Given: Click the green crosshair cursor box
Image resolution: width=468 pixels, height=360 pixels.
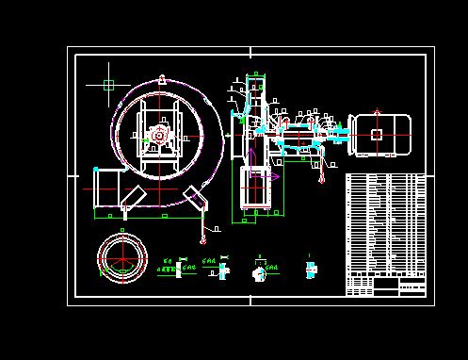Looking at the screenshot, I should point(108,85).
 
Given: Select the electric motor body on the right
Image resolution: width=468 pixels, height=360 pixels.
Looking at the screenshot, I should point(381,135).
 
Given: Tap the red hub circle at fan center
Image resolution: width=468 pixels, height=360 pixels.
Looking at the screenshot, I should point(158,136).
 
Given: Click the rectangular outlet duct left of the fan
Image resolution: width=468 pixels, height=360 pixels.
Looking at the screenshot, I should point(107,188).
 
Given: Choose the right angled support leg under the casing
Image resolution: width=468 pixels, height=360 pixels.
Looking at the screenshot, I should point(196,199).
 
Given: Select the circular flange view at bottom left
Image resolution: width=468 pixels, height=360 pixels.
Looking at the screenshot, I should point(123,254).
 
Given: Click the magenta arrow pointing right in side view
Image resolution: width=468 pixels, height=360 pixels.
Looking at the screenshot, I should point(273,176).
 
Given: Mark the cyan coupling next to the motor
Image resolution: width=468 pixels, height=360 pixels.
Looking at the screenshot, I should point(340,137).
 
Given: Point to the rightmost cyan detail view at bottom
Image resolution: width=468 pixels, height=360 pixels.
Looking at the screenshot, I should point(310,269).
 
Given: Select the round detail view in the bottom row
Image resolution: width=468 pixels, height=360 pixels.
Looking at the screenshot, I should point(260,271).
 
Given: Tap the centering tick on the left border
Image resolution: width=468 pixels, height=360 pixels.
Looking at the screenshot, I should point(72,175).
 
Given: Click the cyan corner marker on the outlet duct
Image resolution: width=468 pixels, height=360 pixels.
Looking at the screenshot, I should point(97,170).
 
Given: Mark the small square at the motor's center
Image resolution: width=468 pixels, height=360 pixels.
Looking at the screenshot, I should point(377,135).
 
